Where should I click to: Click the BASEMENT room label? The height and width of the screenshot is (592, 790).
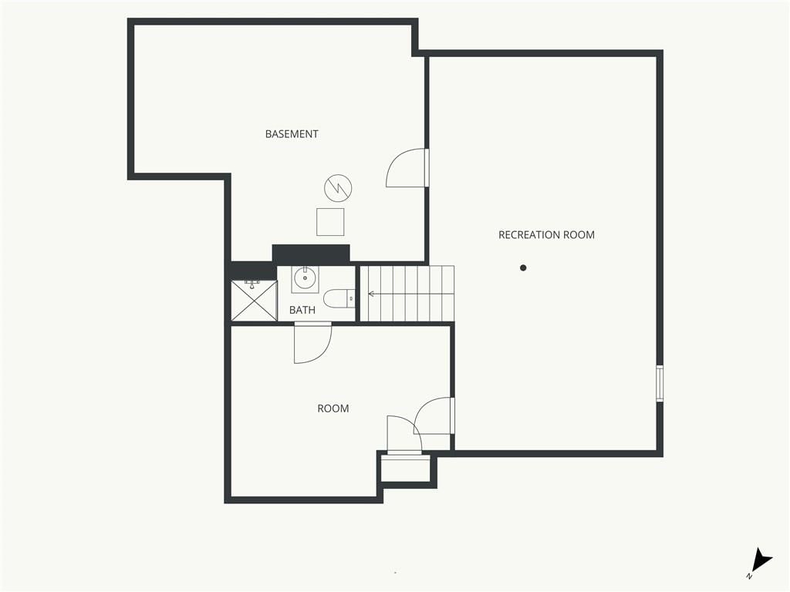[x=292, y=134]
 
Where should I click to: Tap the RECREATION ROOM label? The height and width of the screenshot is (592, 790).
[x=546, y=234]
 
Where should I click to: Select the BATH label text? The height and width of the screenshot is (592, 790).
[x=302, y=310]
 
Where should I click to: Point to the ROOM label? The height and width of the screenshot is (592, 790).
[x=333, y=409]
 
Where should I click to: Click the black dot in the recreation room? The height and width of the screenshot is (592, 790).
[x=523, y=267]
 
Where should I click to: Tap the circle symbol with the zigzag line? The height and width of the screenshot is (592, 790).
[x=338, y=188]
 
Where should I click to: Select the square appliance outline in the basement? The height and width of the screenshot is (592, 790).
[x=330, y=222]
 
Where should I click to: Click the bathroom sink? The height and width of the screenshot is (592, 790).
[x=305, y=277]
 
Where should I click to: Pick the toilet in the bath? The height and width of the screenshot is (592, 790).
[x=339, y=299]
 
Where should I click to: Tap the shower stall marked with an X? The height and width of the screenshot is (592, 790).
[x=254, y=301]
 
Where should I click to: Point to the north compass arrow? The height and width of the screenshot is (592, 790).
[x=762, y=560]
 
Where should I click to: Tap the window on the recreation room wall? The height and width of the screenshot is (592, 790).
[x=660, y=384]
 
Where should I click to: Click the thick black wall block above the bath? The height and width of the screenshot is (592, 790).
[x=311, y=253]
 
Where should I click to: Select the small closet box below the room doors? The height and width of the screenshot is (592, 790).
[x=406, y=469]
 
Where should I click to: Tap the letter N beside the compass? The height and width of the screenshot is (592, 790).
[x=749, y=576]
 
